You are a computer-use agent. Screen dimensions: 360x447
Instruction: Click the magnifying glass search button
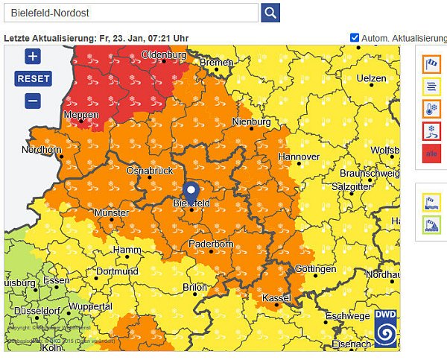tap(270, 13)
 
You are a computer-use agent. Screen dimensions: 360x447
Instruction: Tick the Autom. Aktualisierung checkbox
tap(355, 37)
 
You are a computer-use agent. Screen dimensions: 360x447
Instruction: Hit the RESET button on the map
tap(33, 78)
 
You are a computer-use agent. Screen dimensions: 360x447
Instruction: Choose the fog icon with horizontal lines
tap(431, 86)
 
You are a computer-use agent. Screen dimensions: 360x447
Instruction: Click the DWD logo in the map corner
tap(385, 328)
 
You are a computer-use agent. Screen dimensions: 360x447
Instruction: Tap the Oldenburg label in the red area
tap(163, 55)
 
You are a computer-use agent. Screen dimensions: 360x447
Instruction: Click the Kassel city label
tap(276, 298)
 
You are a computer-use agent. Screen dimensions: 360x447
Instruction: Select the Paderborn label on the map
tap(212, 244)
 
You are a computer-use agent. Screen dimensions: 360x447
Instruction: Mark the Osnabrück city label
tap(149, 171)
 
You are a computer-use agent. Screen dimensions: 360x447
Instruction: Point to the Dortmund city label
tap(117, 271)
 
